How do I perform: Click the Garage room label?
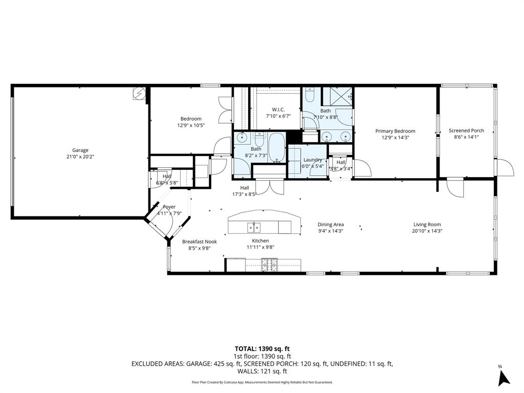(x=80, y=150)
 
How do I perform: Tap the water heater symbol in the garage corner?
(x=139, y=93)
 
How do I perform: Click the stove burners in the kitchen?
(x=270, y=265)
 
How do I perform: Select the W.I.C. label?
(x=278, y=110)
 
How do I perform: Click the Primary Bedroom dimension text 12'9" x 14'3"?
(x=395, y=137)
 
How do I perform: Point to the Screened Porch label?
(x=466, y=130)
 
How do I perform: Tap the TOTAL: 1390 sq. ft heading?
(x=262, y=348)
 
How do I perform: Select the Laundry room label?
(x=312, y=160)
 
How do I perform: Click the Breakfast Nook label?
(x=200, y=242)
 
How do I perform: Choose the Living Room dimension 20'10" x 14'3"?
(x=427, y=231)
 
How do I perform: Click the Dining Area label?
(x=331, y=224)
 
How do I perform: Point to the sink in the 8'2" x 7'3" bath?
(x=243, y=137)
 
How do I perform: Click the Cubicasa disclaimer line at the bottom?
(x=262, y=382)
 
